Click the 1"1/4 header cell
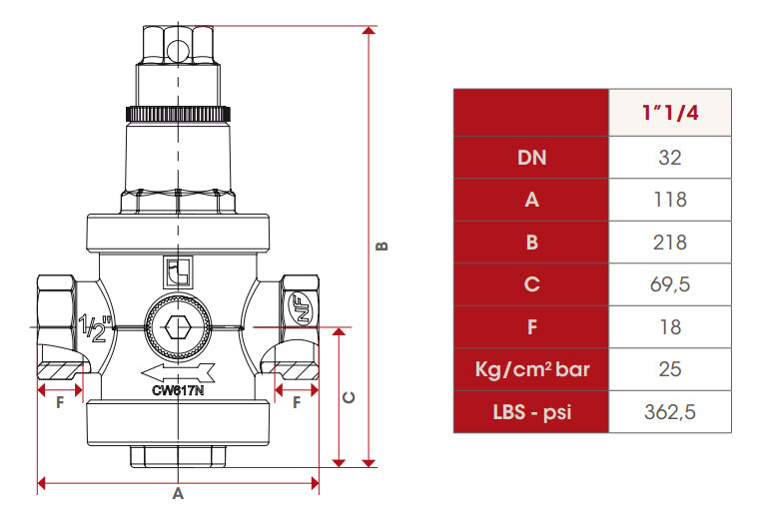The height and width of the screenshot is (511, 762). click(669, 113)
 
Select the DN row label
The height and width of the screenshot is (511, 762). click(531, 157)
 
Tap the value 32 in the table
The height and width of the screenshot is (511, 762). click(669, 157)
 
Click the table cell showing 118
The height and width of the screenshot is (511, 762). click(669, 200)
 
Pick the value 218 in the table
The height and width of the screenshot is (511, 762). click(669, 242)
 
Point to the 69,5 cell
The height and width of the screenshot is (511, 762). click(669, 284)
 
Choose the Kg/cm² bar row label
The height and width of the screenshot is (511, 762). click(531, 369)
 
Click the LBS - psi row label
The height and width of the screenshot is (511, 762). click(531, 412)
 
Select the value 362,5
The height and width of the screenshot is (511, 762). click(669, 412)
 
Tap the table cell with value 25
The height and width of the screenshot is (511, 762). click(669, 369)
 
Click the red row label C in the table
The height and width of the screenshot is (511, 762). click(531, 284)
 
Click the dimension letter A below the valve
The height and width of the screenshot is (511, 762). click(178, 494)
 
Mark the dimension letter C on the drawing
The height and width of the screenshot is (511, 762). click(350, 397)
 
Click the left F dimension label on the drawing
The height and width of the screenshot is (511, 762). click(60, 402)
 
